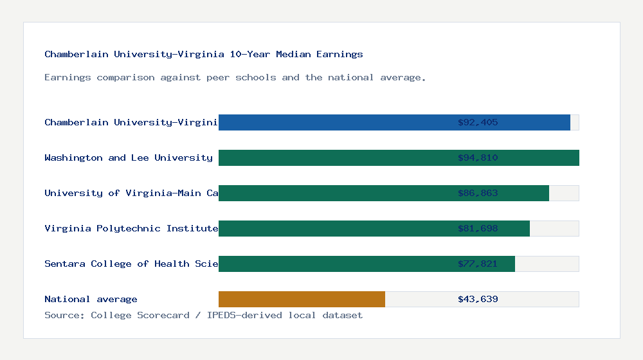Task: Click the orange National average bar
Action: point(302,299)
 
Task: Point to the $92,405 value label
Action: point(478,122)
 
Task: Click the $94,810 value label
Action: point(478,157)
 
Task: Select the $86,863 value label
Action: point(478,193)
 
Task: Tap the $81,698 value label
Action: point(478,228)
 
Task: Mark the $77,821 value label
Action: point(478,264)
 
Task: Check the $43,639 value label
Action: point(478,299)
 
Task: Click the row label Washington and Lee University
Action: point(129,157)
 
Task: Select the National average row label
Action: point(91,299)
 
